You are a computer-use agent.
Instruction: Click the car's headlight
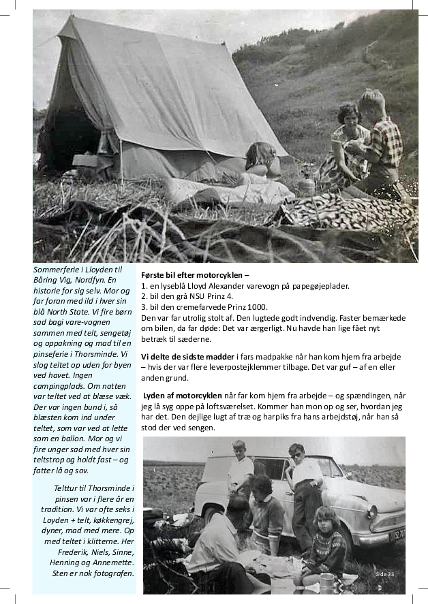(x=371, y=511)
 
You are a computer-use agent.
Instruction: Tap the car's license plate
(x=397, y=533)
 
